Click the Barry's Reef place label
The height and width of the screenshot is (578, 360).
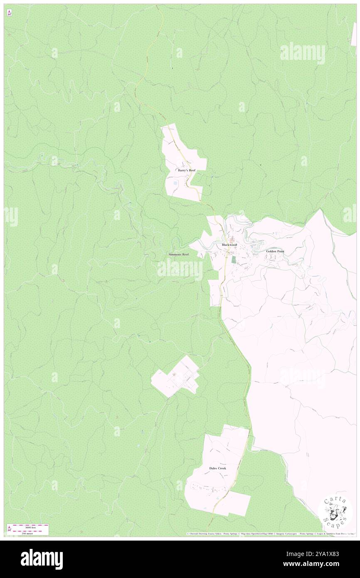pos(186,170)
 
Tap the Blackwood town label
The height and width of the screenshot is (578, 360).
pos(229,245)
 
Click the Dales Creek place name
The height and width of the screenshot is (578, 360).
pos(217,468)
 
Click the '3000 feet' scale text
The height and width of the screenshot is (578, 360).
pos(31,526)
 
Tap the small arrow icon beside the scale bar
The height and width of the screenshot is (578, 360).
pos(9,529)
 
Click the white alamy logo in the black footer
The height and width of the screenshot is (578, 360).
pos(42,559)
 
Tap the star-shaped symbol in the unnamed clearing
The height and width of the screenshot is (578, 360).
pos(174,375)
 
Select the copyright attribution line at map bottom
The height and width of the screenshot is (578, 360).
pos(270,534)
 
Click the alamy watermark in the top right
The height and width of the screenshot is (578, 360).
pos(303,53)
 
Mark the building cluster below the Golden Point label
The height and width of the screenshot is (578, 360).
pos(273,258)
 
